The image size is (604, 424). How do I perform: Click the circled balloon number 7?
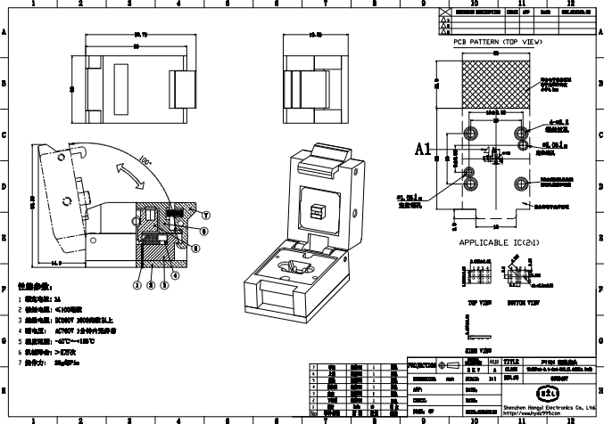pyautogui.click(x=206, y=216)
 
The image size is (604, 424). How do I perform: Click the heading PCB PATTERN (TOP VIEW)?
pyautogui.click(x=495, y=42)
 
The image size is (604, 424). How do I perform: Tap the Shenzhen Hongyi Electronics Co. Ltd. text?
pyautogui.click(x=548, y=405)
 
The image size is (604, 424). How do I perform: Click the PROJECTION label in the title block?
pyautogui.click(x=422, y=366)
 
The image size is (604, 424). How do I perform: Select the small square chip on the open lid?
pyautogui.click(x=315, y=210)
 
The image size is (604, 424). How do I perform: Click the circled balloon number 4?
pyautogui.click(x=176, y=275)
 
